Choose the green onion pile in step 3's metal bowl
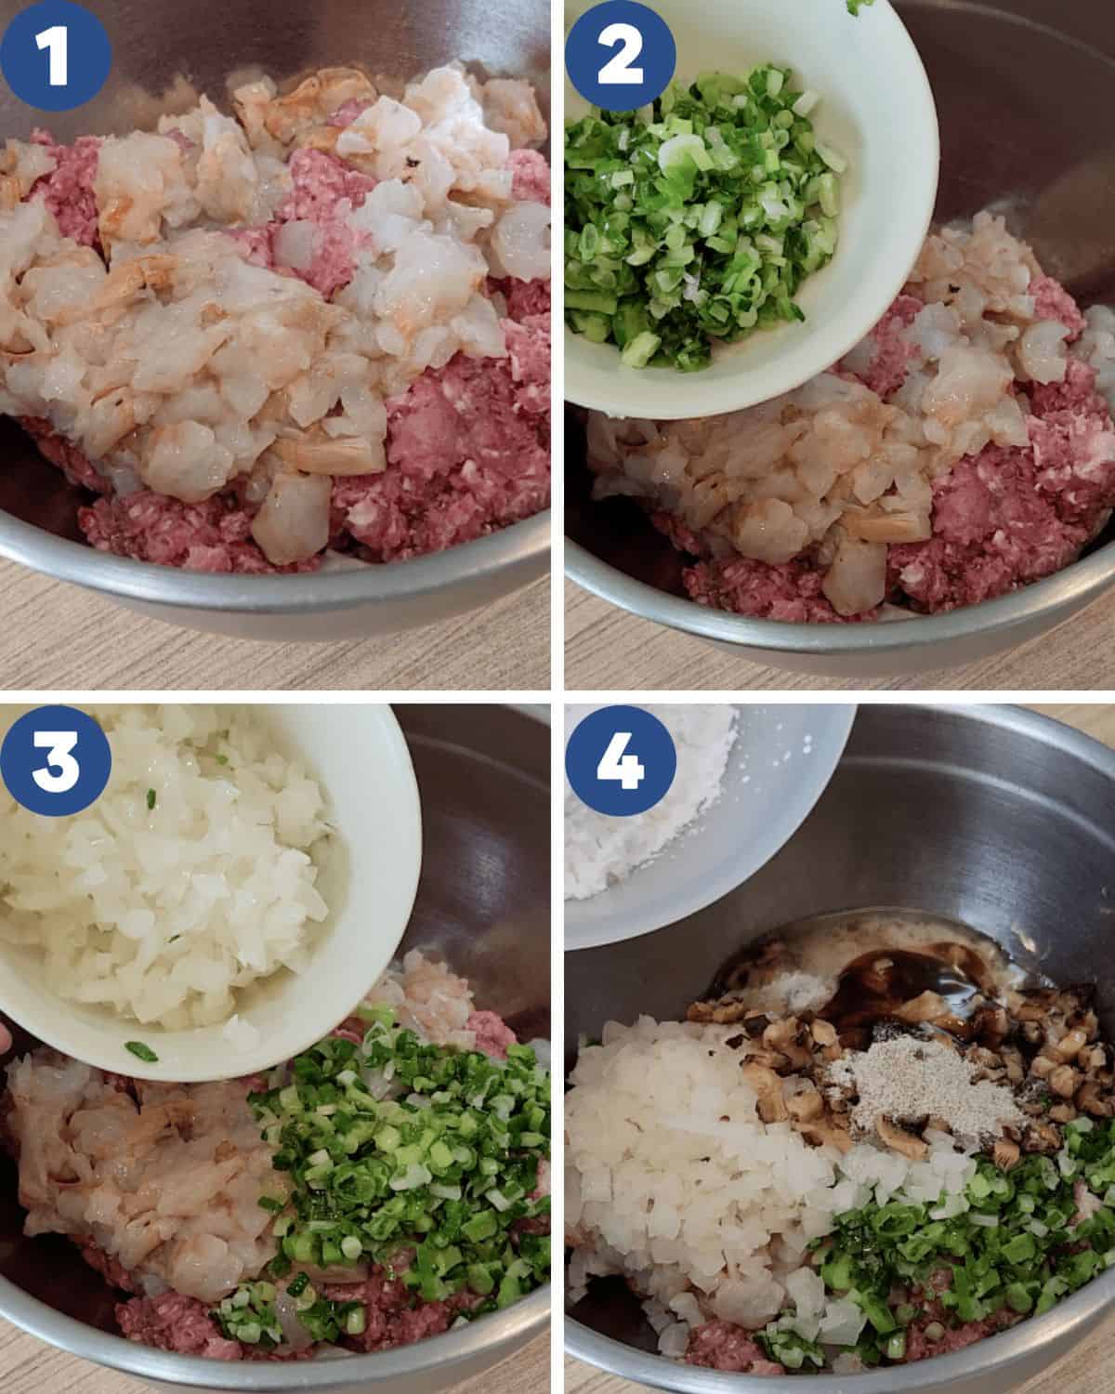pyautogui.click(x=400, y=1152)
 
